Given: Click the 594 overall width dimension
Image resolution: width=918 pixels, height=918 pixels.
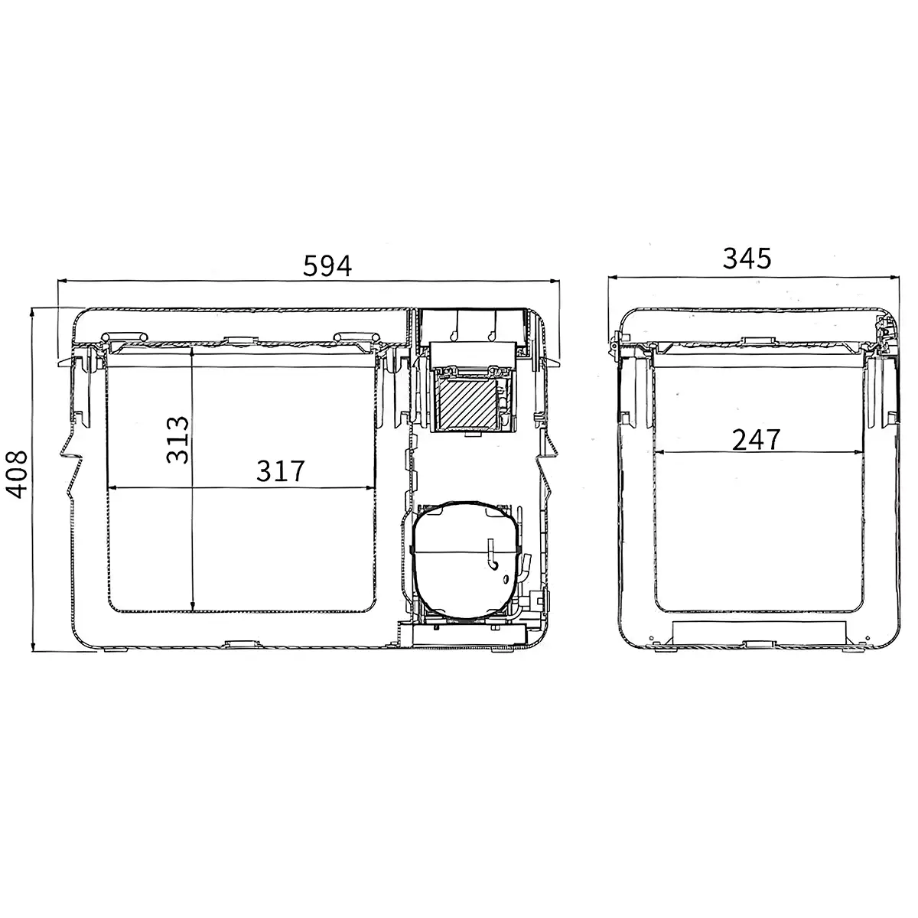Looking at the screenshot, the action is (x=327, y=265).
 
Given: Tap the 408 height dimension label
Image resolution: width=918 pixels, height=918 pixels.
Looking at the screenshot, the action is (x=16, y=474).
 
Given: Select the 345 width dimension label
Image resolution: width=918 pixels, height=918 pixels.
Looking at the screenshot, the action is (x=747, y=259).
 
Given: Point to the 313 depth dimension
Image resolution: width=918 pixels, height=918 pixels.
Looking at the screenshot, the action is (x=177, y=440).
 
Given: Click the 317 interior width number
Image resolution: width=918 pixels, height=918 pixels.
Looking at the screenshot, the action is (x=280, y=471).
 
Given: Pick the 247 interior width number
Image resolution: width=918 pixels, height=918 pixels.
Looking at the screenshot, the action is (x=756, y=440).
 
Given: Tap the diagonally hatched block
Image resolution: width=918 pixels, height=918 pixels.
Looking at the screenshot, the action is (x=468, y=402).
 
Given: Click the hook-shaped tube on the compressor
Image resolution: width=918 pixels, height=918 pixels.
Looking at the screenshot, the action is (x=492, y=555).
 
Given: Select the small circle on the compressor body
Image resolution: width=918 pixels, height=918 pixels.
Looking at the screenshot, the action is (x=506, y=579).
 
